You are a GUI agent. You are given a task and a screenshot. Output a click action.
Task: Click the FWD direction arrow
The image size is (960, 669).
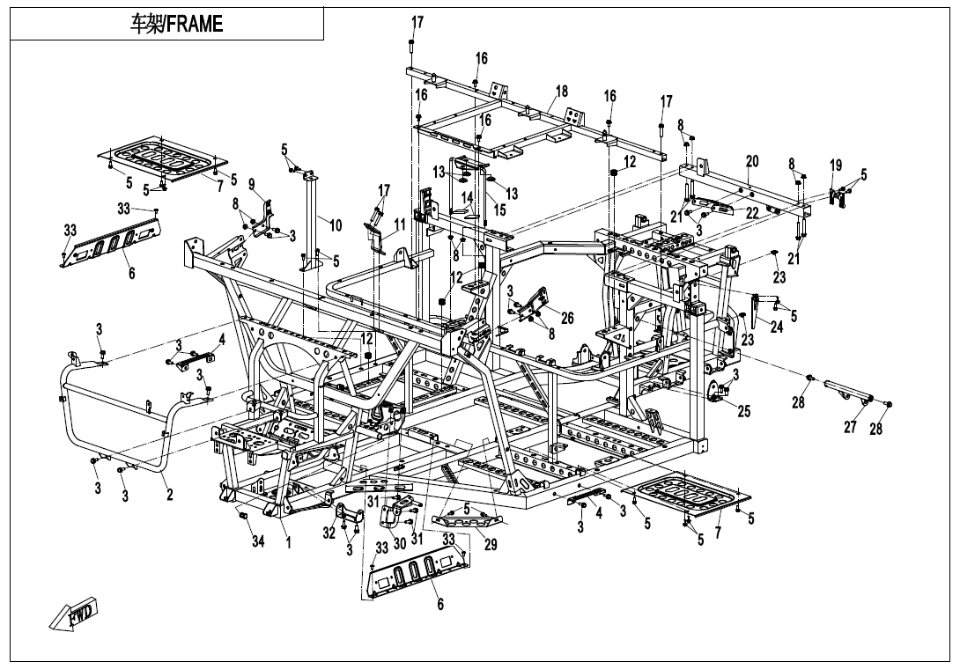(74, 615)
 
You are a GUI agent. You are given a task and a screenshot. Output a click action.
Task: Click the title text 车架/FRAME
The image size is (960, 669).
(176, 24)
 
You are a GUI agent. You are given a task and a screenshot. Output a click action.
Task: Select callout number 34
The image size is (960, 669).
(258, 541)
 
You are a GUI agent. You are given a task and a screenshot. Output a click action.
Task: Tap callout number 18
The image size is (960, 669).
(562, 92)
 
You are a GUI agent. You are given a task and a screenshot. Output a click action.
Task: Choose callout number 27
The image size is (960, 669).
(850, 428)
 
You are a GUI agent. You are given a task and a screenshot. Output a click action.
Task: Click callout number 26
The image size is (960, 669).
(566, 318)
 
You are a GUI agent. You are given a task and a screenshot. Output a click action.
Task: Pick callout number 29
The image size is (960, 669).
(491, 545)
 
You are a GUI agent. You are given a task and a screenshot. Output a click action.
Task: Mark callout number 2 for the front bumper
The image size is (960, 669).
(169, 495)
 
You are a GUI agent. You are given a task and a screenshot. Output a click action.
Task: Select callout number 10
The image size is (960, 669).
(336, 224)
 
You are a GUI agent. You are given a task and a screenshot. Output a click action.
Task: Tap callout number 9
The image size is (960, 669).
(251, 184)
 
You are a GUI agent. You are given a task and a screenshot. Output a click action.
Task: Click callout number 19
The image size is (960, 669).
(836, 165)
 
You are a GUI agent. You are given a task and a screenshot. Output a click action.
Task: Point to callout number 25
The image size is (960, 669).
(743, 411)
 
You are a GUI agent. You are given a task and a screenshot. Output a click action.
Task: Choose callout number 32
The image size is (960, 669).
(329, 533)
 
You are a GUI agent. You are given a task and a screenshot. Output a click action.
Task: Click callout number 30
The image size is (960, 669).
(399, 544)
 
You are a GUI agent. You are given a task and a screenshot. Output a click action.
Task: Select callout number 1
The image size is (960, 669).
(287, 543)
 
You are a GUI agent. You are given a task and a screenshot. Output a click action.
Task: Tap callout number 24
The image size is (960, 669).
(776, 327)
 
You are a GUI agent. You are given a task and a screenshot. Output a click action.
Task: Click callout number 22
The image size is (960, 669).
(751, 212)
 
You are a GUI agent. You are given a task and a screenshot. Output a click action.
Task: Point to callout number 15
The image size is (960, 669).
(499, 210)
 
